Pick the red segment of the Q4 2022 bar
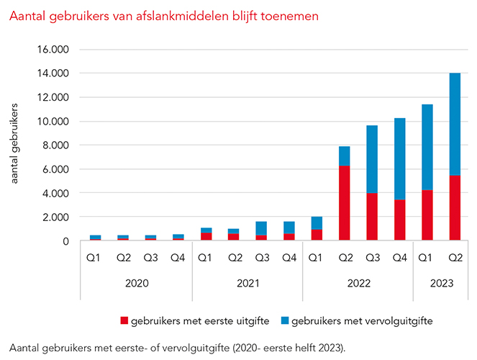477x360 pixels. coord(399,220)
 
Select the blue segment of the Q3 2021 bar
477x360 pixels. coord(261,228)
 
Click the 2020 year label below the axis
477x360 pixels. coord(137,283)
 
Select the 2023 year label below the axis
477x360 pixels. coord(440,283)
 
